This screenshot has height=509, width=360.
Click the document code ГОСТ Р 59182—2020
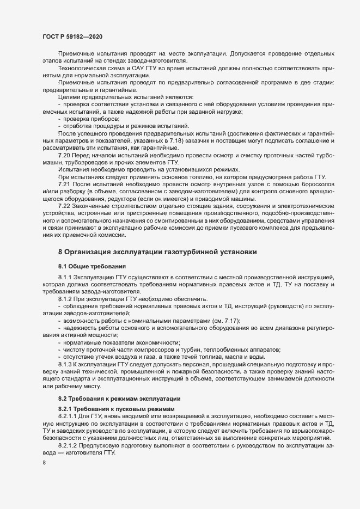click(72, 36)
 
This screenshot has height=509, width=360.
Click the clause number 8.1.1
click(66, 278)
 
